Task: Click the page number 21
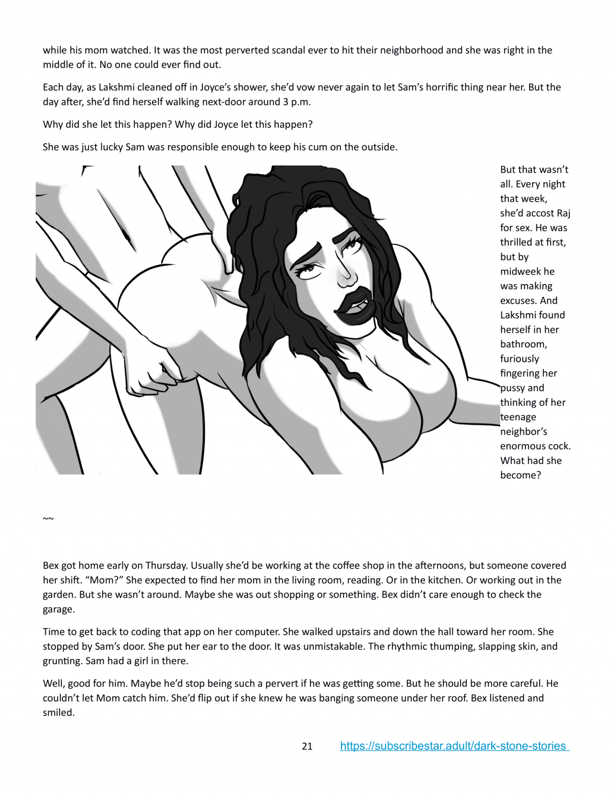point(307,746)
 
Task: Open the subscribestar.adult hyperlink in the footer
point(454,746)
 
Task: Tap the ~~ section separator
point(48,519)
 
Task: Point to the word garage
point(59,609)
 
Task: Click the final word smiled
point(58,712)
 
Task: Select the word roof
point(457,698)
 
